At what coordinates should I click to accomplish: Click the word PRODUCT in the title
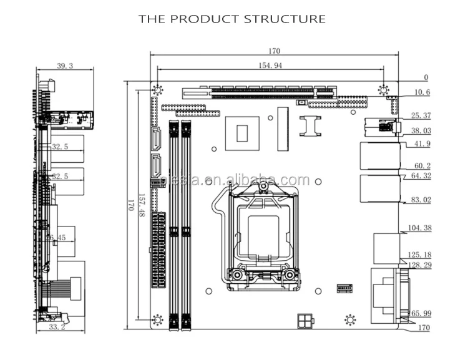click(203, 19)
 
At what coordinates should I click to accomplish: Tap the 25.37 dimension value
click(421, 116)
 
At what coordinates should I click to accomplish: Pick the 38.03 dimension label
click(421, 131)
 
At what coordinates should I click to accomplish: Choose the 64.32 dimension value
click(421, 177)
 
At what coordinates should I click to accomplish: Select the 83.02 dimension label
click(421, 200)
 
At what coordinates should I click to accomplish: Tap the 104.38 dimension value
click(419, 228)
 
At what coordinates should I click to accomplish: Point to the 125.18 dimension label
click(419, 255)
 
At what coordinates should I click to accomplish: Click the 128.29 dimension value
click(419, 265)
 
